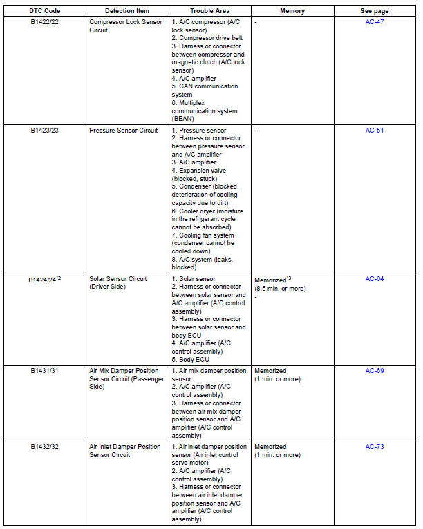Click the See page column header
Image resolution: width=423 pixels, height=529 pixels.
point(375,12)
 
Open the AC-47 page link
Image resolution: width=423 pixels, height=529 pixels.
point(375,23)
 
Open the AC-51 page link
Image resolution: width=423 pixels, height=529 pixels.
point(375,130)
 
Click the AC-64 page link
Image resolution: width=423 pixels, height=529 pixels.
point(375,279)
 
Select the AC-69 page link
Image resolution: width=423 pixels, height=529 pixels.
point(375,371)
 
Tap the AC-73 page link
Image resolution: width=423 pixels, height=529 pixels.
point(375,447)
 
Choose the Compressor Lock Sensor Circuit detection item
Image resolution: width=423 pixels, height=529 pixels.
point(126,27)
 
